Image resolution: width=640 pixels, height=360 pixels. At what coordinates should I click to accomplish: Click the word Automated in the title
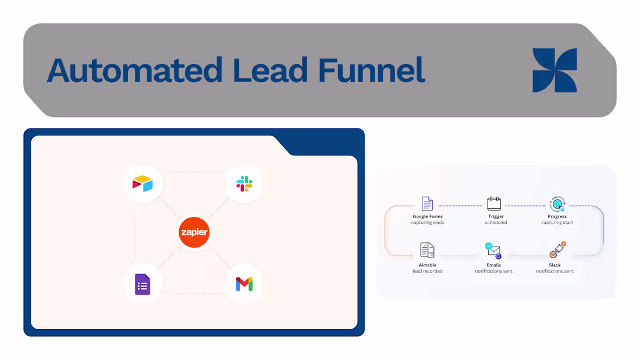[133, 70]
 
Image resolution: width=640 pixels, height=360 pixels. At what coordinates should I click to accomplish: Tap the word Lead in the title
[269, 70]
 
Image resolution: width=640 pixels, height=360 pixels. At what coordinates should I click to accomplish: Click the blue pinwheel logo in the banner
[554, 70]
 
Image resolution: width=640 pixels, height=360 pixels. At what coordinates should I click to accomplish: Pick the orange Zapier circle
[194, 233]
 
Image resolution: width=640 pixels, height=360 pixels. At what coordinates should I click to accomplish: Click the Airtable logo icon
[143, 184]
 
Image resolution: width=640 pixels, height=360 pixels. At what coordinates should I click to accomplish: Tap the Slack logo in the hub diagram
[244, 184]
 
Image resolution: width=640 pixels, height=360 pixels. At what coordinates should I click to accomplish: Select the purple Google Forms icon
[143, 284]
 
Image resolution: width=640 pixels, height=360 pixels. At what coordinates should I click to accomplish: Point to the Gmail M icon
[244, 284]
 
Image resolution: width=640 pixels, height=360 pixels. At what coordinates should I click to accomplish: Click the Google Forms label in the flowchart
[428, 216]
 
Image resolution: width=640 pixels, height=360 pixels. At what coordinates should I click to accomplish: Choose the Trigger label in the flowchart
[496, 216]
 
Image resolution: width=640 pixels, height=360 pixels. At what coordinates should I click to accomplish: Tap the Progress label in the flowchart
[557, 216]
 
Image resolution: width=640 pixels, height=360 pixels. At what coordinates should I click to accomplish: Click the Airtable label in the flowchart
[428, 265]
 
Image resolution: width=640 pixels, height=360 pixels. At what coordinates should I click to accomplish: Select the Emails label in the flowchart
[493, 265]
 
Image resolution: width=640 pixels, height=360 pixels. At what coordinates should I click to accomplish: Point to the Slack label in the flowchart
[554, 265]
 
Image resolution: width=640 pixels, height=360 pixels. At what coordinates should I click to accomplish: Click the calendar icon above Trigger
[494, 204]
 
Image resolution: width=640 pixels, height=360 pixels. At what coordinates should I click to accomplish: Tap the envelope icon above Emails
[493, 251]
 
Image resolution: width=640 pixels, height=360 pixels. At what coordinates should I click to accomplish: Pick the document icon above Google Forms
[428, 204]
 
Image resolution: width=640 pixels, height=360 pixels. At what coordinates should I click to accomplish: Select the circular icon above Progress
[557, 204]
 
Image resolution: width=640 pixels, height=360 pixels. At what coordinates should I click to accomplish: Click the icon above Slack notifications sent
[557, 250]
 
